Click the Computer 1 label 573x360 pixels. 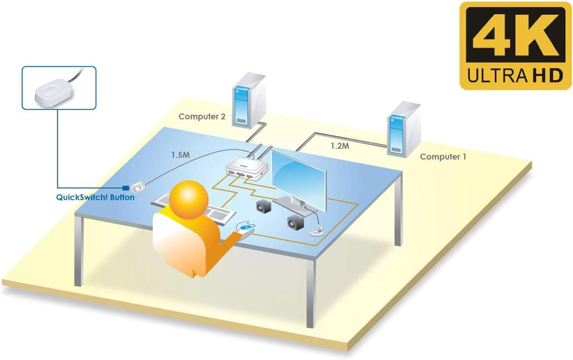pos(443,157)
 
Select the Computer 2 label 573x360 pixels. pos(202,117)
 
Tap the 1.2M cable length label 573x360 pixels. pos(340,146)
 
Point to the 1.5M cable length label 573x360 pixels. pos(180,155)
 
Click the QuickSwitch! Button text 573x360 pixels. pos(95,197)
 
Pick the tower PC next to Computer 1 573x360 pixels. pos(404,129)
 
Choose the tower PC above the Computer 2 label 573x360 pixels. pos(249,100)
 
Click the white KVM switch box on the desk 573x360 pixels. pos(246,169)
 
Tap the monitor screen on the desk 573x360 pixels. pos(299,180)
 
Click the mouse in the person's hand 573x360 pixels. pos(246,227)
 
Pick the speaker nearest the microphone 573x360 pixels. pos(296,222)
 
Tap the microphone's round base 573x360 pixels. pos(316,232)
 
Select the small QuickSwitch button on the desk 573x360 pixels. pos(138,187)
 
